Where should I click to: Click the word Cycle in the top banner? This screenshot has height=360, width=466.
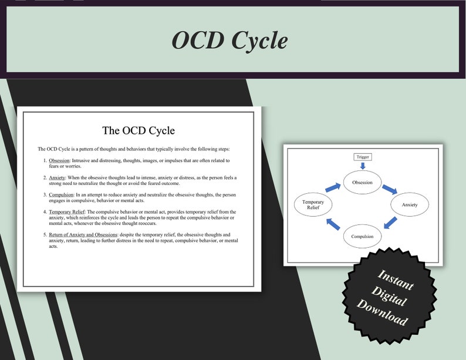259,41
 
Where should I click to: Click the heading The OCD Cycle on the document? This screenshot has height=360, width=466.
139,130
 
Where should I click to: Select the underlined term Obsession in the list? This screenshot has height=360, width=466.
59,160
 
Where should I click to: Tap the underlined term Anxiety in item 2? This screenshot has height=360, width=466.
57,177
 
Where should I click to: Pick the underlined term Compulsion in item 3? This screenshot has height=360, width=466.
61,194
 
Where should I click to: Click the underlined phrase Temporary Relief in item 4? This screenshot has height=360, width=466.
67,211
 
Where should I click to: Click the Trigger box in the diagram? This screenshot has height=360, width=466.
363,157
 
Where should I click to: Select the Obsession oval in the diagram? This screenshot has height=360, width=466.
362,182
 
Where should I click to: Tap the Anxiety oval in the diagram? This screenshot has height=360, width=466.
410,204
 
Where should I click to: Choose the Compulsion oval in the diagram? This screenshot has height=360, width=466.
362,236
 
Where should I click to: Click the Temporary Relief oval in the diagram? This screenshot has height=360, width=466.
313,204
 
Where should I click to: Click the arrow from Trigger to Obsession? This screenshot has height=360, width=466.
363,166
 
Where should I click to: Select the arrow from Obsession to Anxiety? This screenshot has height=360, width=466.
390,189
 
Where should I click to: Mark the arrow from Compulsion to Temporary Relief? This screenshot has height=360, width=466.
333,224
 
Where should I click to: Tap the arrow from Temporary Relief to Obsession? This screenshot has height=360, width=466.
333,187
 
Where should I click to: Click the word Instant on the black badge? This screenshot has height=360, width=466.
394,280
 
